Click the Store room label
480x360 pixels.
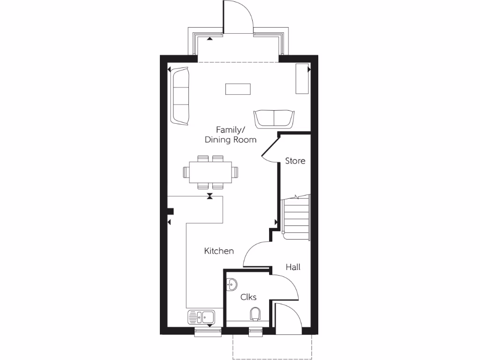coord(295,161)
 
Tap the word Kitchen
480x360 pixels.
coord(219,251)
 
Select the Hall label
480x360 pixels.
coord(293,267)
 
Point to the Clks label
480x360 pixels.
coord(248,297)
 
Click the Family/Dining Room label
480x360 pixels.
coord(231,135)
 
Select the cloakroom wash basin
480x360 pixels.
coord(232,284)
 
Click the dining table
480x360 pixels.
coord(210,172)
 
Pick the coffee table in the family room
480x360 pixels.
coord(238,89)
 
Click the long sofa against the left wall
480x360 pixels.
coord(180,96)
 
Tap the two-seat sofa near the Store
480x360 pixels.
coord(274,118)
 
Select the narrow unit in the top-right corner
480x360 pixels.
coord(302,78)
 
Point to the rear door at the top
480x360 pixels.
coord(238,19)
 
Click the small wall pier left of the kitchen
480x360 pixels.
coord(171,211)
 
